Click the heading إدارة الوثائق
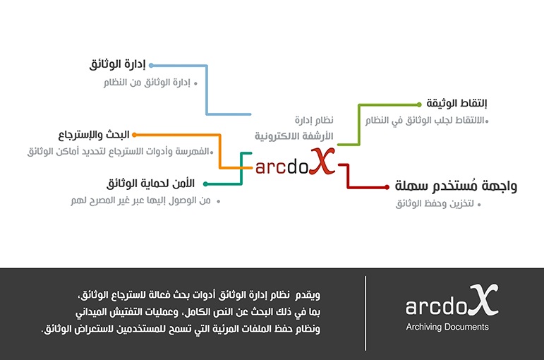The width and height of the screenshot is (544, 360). [x=117, y=64]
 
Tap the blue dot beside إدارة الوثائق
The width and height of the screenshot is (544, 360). [x=151, y=65]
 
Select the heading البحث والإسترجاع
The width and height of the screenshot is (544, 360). [x=94, y=135]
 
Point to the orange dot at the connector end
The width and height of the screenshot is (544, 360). [x=134, y=135]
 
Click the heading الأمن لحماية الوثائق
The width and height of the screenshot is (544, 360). [x=150, y=184]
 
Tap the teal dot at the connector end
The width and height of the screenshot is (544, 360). [x=205, y=184]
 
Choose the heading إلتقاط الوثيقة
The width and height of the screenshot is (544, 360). [x=457, y=104]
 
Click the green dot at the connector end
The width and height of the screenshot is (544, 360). [x=419, y=104]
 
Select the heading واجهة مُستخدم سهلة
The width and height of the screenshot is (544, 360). [x=456, y=186]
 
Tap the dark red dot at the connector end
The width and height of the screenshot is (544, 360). [x=387, y=187]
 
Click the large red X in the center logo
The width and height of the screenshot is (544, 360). [x=322, y=161]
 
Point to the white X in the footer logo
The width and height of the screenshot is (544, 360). [x=483, y=300]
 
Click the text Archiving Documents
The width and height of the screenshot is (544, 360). [x=447, y=327]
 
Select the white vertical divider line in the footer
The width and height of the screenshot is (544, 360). [x=365, y=313]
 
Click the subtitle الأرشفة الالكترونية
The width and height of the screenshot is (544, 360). [x=294, y=136]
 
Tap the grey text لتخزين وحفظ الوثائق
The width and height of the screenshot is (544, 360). [x=435, y=203]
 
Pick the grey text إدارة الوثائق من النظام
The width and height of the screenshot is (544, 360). [x=147, y=83]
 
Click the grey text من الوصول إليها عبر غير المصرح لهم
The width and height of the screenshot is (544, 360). [x=141, y=200]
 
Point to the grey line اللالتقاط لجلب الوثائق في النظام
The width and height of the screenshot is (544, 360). [x=425, y=121]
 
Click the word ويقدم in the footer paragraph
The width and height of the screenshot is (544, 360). [x=308, y=295]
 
